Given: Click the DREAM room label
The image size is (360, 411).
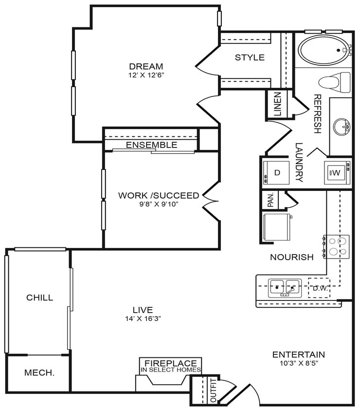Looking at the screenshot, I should pos(146,67).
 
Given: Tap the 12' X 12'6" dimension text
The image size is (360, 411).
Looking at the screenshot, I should pos(146,75).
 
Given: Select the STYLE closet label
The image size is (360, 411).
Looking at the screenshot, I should pos(250,57).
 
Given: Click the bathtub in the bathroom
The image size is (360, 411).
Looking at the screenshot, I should pos(323,50).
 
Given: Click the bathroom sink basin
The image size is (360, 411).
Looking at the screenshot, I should pos(342,127).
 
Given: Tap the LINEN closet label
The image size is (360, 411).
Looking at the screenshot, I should pos(277,104).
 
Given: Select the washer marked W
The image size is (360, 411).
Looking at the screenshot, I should pos(337,172).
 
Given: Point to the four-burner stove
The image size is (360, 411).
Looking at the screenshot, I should pos(337,246).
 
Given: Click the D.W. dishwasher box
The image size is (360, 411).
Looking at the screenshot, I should pos(319,288).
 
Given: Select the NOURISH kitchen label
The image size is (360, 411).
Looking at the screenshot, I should pos(292,257).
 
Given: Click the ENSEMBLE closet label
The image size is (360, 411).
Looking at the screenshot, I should pos(151,145).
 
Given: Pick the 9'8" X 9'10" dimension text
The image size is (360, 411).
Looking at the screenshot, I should pos(159,204).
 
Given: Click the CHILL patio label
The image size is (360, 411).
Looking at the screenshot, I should pos(40,298).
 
